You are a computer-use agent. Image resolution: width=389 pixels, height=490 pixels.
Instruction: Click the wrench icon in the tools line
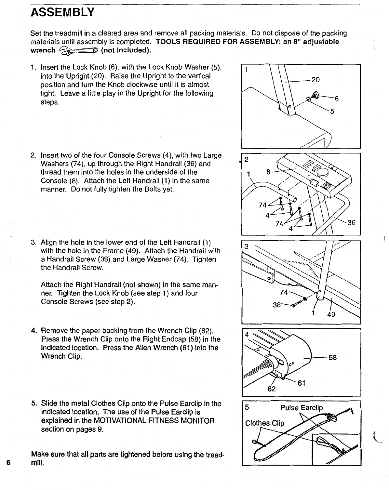(x=78, y=50)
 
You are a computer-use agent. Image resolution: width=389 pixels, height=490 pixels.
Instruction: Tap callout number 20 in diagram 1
(x=315, y=80)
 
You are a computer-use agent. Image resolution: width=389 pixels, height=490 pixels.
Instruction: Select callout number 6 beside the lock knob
(x=337, y=99)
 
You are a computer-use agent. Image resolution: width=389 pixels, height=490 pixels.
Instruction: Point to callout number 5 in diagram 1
(x=332, y=111)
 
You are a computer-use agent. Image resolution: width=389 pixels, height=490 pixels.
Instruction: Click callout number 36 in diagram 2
(x=351, y=223)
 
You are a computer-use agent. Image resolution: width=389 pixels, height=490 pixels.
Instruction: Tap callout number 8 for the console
(x=268, y=172)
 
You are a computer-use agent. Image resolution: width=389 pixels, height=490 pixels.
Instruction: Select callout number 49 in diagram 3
(x=331, y=314)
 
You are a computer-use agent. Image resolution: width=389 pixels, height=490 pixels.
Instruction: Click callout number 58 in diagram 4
(x=333, y=358)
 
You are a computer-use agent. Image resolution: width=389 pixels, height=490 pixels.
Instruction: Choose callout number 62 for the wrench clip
(x=272, y=389)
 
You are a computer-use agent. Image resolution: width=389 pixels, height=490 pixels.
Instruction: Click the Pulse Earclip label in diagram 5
(x=302, y=408)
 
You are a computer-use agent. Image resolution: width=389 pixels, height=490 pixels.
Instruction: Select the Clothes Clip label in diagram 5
(x=264, y=423)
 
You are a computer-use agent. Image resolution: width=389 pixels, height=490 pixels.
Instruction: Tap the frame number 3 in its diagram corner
(x=247, y=247)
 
